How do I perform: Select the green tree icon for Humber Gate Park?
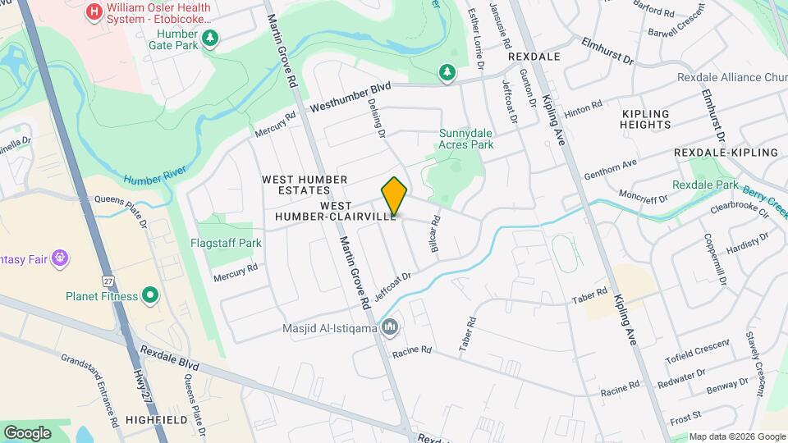pos(211,38)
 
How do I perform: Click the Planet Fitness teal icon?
pos(149,295)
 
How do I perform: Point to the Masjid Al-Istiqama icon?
pos(391,328)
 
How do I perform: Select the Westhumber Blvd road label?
pos(350,97)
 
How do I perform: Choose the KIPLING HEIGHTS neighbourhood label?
pos(646,119)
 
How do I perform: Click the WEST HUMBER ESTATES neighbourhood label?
pos(305,185)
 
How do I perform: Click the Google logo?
pos(27,432)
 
